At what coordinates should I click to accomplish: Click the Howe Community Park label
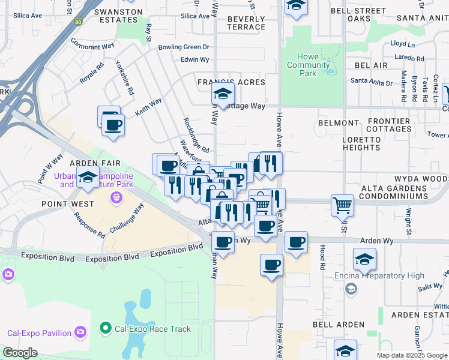click(308, 65)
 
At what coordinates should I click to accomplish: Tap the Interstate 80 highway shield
click(77, 22)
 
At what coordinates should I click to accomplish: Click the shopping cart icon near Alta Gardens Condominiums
click(342, 206)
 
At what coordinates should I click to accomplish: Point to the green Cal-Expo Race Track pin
click(106, 328)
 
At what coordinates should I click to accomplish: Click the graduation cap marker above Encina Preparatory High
click(364, 259)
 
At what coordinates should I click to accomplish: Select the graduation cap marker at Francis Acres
click(222, 94)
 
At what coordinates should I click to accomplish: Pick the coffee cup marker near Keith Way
click(112, 125)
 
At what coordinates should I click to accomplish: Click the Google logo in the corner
click(20, 353)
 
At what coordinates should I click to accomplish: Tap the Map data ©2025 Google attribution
click(411, 355)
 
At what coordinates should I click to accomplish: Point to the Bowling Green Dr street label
click(183, 47)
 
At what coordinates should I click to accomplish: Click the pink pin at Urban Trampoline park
click(115, 197)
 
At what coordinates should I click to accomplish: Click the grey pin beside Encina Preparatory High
click(351, 289)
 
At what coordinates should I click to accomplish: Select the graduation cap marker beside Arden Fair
click(88, 178)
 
